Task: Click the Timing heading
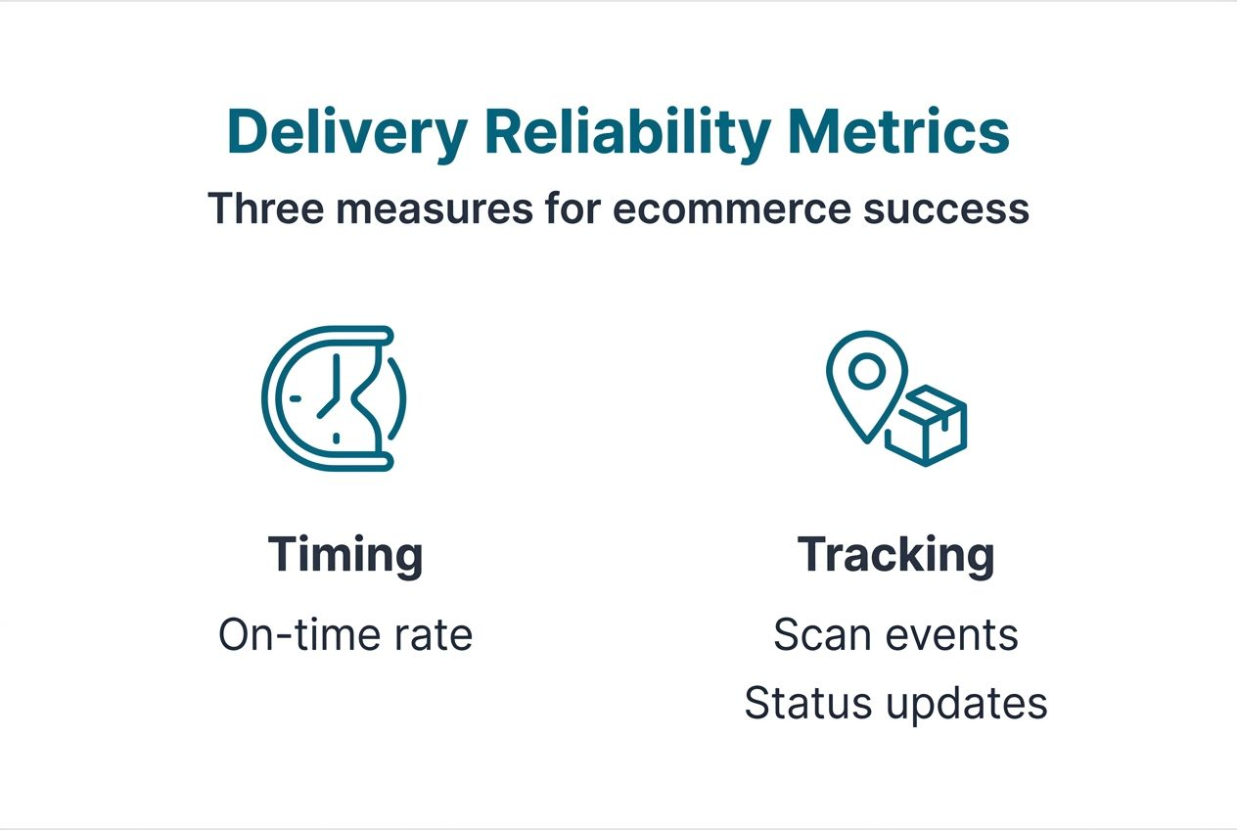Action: pos(345,555)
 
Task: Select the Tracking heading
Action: pos(895,555)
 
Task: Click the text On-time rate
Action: pos(345,635)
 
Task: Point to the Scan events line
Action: pos(895,635)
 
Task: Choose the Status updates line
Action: pos(895,704)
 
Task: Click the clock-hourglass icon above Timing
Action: pos(333,398)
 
